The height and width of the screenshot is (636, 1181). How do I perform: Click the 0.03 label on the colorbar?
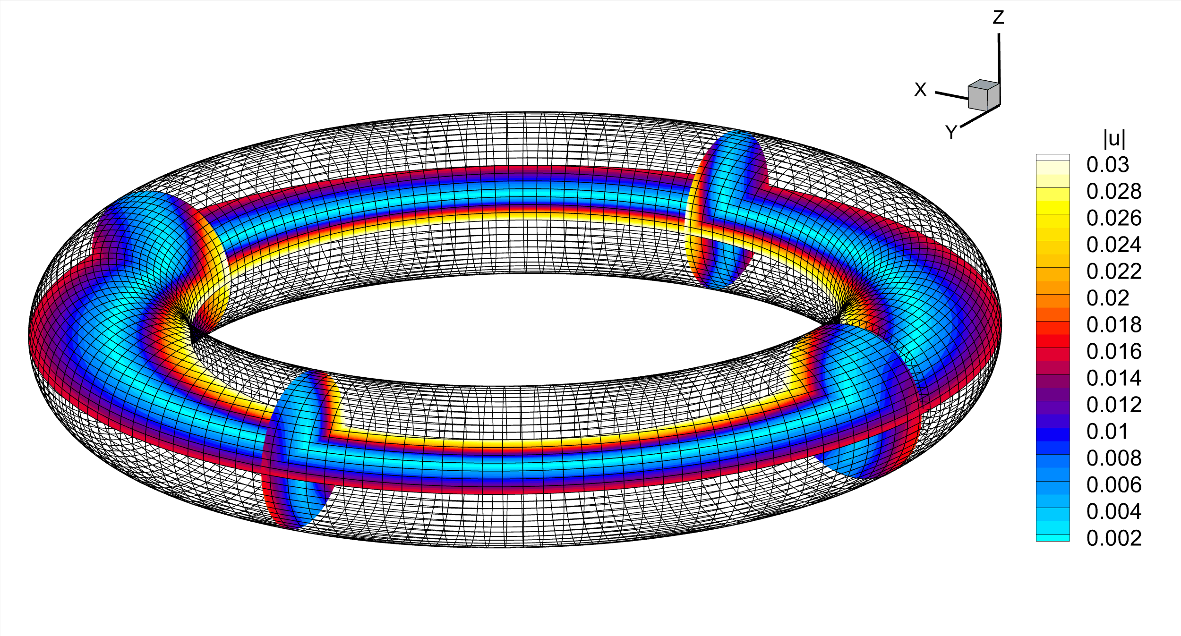[1107, 165]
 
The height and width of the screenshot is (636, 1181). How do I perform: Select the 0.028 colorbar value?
[1113, 192]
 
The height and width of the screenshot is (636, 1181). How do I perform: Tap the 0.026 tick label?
[1113, 218]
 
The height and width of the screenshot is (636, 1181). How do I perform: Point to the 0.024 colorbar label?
[1113, 245]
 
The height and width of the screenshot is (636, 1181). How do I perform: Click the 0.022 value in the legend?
[1113, 271]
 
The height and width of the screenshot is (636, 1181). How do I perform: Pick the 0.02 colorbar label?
[1107, 298]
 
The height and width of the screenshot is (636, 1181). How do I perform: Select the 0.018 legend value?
[1113, 325]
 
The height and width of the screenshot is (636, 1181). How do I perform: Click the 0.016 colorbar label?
[1113, 352]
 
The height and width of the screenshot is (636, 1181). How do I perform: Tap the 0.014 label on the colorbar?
[1113, 378]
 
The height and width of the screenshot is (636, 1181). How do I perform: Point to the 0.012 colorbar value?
[1113, 405]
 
